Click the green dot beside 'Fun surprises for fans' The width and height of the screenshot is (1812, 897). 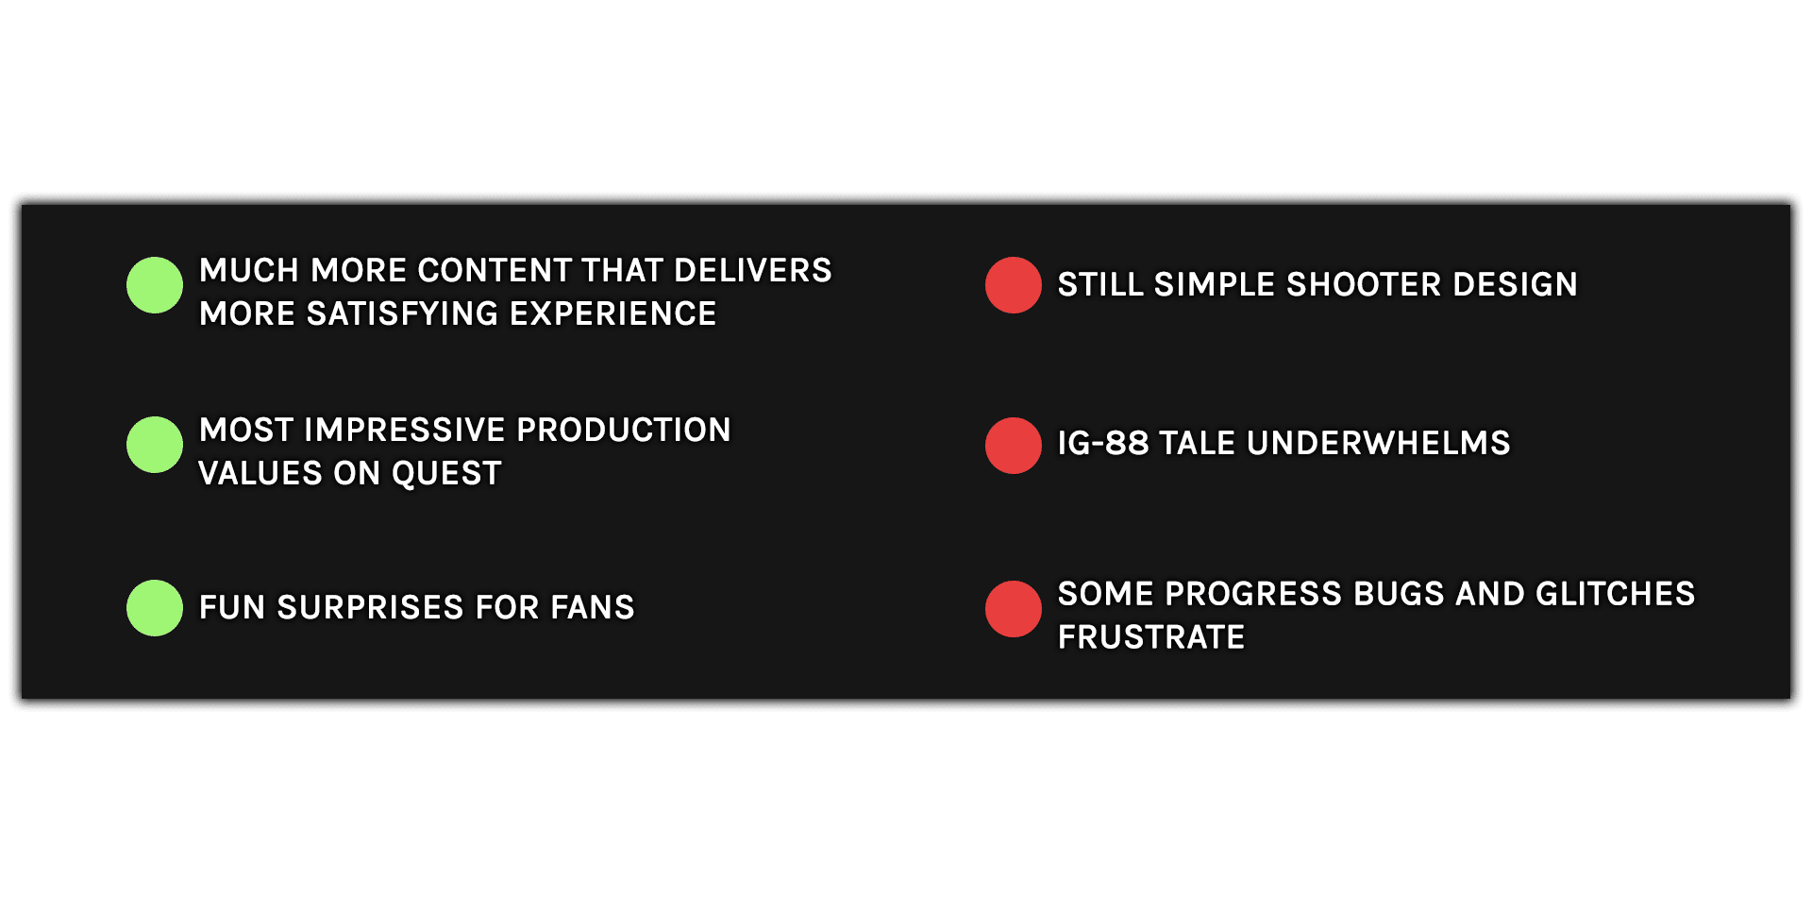tap(155, 608)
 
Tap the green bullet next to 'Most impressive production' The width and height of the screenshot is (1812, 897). tap(155, 445)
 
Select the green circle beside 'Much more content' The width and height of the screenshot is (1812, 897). tap(155, 285)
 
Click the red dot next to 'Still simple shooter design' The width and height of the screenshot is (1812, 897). tap(1014, 285)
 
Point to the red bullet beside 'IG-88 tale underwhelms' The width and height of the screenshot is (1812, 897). tap(1014, 446)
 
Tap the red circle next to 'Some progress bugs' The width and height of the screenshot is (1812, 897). tap(1014, 609)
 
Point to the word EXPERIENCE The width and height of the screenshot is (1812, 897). tap(613, 314)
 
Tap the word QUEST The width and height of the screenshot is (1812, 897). tap(446, 474)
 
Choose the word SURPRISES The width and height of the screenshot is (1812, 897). tap(371, 608)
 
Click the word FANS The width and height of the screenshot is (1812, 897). tap(593, 608)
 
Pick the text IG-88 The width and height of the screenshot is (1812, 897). tap(1103, 444)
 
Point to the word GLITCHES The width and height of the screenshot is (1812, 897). tap(1616, 595)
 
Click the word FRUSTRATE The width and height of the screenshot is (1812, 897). tap(1151, 638)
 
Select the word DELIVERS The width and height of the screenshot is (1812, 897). tap(753, 271)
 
